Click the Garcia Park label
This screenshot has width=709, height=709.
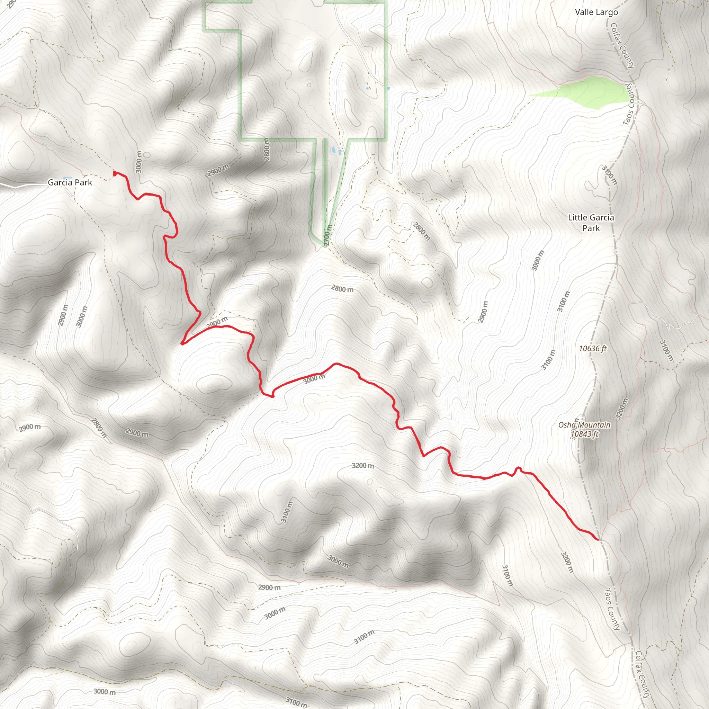pos(70,182)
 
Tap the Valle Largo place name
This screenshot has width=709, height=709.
pos(596,12)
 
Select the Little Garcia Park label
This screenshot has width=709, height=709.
pos(591,223)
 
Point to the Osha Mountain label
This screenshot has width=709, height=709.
pos(584,425)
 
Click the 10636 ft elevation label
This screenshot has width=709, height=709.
pos(593,348)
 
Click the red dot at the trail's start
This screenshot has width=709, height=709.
pos(115,173)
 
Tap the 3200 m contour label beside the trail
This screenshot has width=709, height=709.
pos(362,466)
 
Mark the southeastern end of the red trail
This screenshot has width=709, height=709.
pos(598,540)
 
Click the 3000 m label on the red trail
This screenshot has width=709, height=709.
pos(314,379)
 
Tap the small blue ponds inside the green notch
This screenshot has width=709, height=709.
pos(336,150)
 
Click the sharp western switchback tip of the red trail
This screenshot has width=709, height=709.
pos(182,344)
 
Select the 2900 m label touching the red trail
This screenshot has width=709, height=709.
pos(217,323)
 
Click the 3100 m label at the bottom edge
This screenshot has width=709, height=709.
pos(296,702)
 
